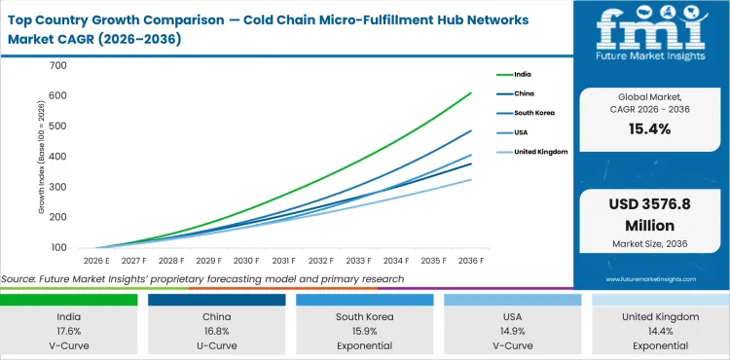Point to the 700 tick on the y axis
coord(55,66)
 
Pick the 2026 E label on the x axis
coord(95,261)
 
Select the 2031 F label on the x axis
coord(284,261)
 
